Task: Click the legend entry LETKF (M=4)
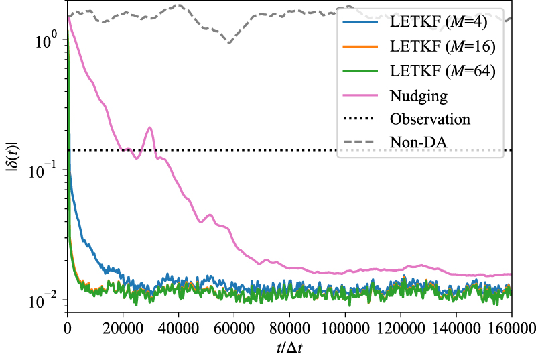(x=442, y=23)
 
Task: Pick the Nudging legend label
(x=419, y=96)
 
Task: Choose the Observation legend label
(x=430, y=119)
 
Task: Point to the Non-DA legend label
(x=417, y=143)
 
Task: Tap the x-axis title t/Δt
(x=289, y=348)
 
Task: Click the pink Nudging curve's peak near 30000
(x=150, y=127)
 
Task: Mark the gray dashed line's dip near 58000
(x=229, y=42)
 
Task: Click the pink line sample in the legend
(x=362, y=96)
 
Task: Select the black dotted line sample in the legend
(x=362, y=119)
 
